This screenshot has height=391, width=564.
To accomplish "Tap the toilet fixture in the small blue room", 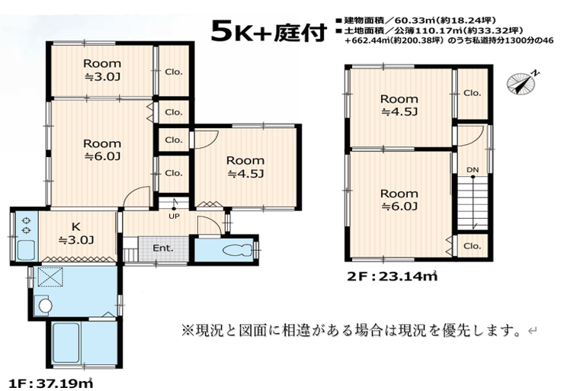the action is point(238,250).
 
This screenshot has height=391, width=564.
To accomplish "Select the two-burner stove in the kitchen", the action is point(26,225).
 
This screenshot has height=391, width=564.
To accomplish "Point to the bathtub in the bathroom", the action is point(66,343).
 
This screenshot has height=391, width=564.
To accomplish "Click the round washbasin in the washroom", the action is point(45,306).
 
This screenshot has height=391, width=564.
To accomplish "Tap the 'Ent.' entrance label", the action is point(163,248).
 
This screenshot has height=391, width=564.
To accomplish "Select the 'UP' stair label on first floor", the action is point(174,216).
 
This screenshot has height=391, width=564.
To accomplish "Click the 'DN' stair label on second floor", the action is point(473,169).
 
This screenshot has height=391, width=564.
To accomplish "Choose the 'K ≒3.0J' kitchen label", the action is point(76,233).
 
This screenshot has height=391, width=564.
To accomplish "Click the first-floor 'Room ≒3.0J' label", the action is point(102,70).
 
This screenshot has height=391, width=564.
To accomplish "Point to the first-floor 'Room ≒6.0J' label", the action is point(102,149).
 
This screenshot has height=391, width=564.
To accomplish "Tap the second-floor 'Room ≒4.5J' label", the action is point(399,105).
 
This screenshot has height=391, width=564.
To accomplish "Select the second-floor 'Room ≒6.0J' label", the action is point(399,200).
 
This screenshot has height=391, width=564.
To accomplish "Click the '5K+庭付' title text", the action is point(269,31).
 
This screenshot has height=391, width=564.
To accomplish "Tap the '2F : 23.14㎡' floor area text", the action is point(393,276).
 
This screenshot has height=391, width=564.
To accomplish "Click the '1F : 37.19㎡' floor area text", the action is point(51,383).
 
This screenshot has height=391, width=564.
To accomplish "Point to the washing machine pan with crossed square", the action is point(51,277).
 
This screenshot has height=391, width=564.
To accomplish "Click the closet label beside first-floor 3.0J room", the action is point(174,72).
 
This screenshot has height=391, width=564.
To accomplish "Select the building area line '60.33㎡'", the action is point(416,21).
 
